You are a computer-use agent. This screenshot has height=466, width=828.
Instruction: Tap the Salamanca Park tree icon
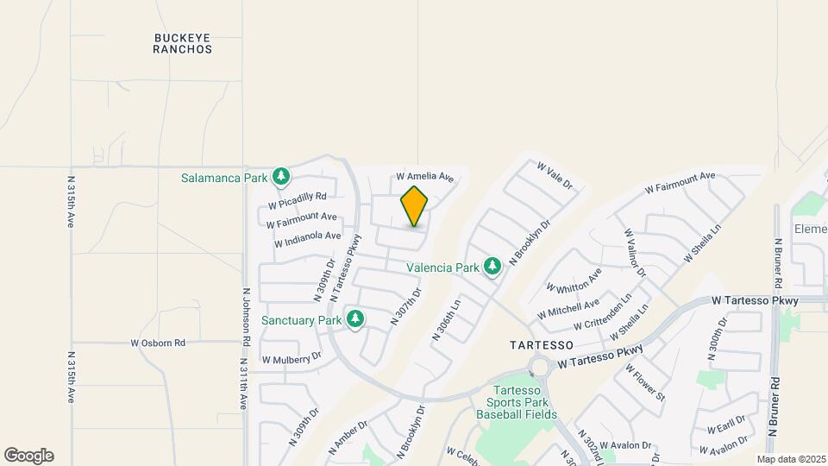(x=280, y=177)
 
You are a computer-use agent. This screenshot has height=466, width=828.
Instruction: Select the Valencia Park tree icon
(x=492, y=267)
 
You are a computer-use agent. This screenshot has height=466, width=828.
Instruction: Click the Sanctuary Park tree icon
(x=355, y=320)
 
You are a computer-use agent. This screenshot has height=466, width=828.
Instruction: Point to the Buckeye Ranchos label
(x=183, y=44)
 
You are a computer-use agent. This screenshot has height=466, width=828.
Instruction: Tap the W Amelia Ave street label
(x=424, y=177)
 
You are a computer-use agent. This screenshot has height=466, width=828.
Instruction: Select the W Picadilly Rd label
(x=297, y=200)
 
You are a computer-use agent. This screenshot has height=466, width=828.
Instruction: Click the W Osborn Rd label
(x=158, y=343)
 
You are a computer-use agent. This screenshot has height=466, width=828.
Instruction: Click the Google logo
(x=28, y=456)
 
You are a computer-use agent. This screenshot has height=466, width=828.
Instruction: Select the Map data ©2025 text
(x=791, y=459)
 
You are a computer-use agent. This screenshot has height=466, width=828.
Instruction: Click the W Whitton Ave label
(x=574, y=281)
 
